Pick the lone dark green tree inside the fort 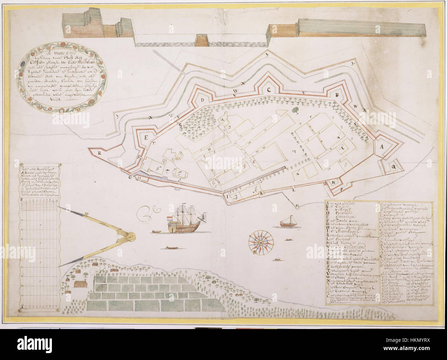[295, 110]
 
